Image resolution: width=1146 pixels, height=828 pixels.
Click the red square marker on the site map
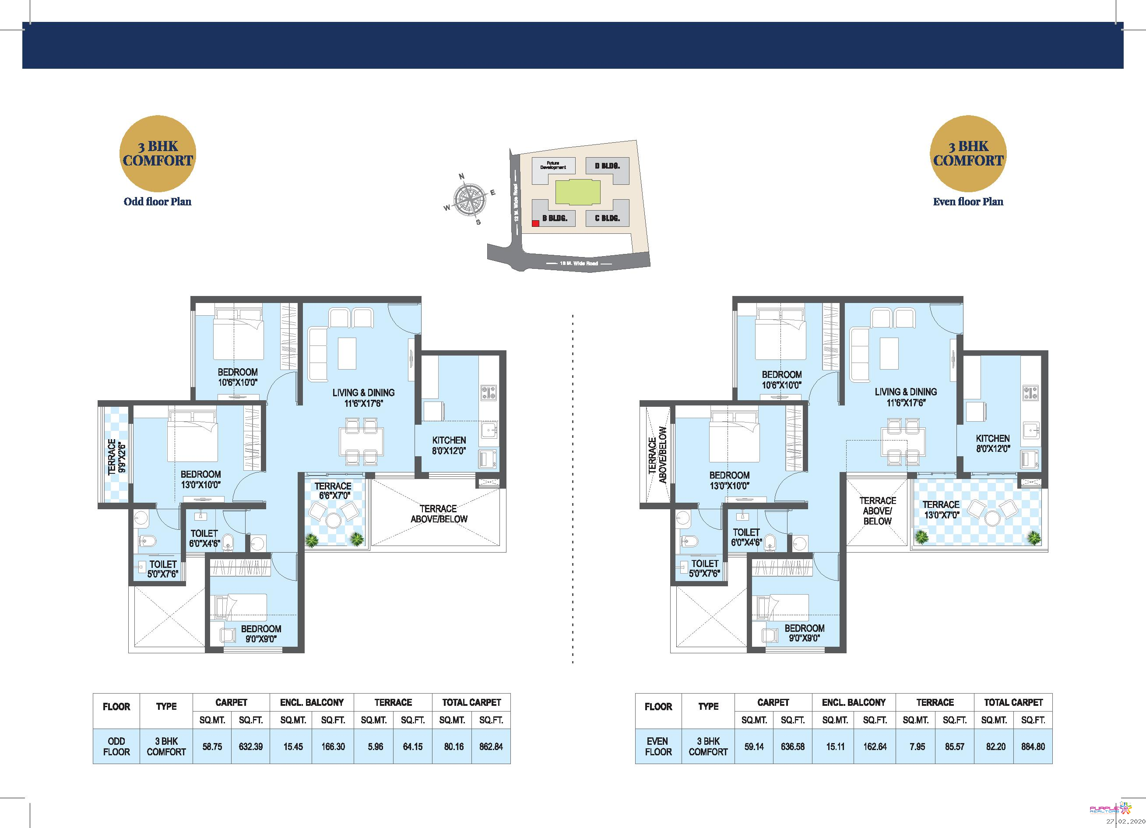pos(535,223)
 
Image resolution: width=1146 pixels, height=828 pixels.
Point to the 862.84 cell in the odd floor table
pos(491,746)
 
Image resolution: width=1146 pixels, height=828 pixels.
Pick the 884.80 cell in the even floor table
pos(1033,746)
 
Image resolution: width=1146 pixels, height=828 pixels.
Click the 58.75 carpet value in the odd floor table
pos(212,746)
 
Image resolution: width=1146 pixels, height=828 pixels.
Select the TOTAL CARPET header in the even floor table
pos(1013,702)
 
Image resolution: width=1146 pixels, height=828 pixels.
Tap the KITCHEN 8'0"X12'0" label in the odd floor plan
pos(449,445)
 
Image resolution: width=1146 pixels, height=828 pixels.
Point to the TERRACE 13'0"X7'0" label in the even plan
pos(940,509)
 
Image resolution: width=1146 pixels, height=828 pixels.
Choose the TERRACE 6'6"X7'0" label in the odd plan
pos(333,490)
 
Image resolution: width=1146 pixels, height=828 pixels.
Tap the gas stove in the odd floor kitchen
pos(488,393)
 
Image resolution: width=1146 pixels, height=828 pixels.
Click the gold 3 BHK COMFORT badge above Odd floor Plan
pos(158,154)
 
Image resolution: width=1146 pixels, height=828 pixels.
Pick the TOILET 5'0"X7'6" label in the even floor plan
pos(704,568)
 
